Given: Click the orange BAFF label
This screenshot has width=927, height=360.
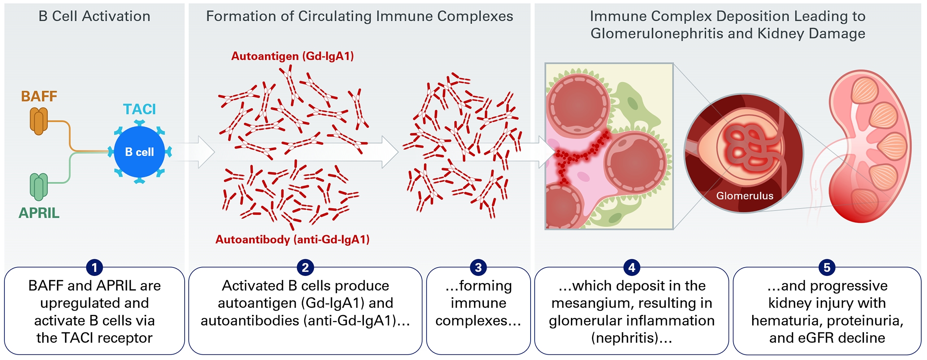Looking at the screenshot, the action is click(39, 96).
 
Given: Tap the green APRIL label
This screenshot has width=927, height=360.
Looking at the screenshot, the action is click(39, 213).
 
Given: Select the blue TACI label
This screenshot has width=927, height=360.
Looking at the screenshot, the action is click(139, 109).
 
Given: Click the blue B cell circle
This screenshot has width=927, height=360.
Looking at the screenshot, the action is click(139, 152).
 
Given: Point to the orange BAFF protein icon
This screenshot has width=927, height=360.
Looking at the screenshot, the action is click(39, 121).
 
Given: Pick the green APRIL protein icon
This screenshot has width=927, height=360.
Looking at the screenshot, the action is click(39, 187).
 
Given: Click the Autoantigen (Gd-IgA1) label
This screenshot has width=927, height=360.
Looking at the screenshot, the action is click(293, 56).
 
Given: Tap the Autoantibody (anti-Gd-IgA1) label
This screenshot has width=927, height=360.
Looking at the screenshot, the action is click(293, 239).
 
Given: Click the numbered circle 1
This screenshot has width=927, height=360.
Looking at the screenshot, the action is click(94, 267).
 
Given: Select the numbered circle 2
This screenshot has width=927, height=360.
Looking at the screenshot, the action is click(305, 267).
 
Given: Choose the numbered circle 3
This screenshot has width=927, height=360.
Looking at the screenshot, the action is click(478, 267).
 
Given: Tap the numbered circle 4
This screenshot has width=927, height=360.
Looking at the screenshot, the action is click(632, 267).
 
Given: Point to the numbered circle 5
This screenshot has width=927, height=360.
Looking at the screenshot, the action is click(827, 267).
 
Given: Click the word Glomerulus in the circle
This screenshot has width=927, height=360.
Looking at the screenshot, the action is click(745, 196).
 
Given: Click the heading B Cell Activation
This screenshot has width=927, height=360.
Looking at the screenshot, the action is click(94, 16).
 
